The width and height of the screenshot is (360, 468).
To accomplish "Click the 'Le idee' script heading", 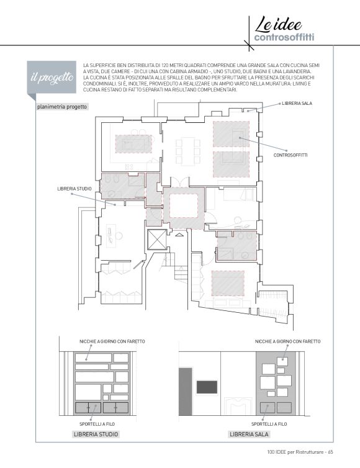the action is point(278,24).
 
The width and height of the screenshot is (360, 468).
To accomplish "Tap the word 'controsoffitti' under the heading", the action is point(284,38).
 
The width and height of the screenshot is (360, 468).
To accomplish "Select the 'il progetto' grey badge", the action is point(52,78).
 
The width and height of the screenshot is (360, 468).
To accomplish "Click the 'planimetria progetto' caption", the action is point(62,107).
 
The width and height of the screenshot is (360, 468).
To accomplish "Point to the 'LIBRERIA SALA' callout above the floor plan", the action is point(297,103).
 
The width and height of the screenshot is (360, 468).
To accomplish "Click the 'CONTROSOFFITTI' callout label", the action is point(290,155).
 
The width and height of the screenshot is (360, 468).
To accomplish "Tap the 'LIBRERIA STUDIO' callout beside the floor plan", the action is point(74,189).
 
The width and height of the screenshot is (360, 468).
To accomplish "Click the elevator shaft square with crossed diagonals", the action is point(156,240).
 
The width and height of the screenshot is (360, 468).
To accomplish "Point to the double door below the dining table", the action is point(180,181).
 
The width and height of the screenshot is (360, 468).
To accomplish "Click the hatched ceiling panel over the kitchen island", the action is point(133,144).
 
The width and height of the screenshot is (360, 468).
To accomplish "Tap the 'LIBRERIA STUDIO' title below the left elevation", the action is point(96,434).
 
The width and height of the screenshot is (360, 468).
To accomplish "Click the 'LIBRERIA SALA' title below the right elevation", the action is point(249,434).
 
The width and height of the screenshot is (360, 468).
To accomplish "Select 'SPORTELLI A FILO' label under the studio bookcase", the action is point(97,424).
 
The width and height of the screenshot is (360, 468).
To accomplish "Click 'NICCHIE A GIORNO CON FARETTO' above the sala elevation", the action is point(288,341).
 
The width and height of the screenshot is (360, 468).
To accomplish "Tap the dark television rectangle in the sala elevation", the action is point(207,387).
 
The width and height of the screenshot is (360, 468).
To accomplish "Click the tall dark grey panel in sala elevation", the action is point(186,392).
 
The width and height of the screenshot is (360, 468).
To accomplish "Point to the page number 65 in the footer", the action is point(330,452).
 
